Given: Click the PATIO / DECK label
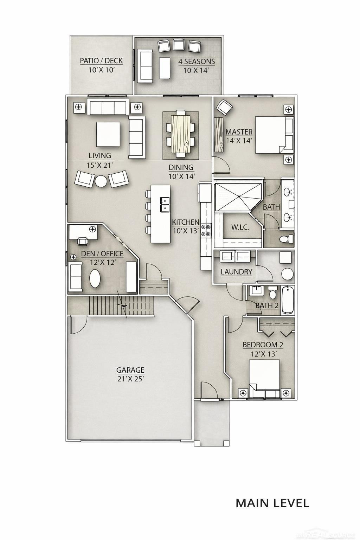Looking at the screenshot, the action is click(101, 61).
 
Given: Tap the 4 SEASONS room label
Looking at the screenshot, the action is click(197, 62).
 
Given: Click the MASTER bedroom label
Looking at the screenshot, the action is click(239, 132).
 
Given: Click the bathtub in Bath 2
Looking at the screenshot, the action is click(288, 300).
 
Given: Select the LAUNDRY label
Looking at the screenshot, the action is click(236, 272).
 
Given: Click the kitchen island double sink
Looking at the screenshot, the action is click(165, 204).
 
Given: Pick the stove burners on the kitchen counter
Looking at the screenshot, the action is click(206, 230).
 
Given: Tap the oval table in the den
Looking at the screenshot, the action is click(95, 278).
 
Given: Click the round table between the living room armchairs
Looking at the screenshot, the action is click(101, 181).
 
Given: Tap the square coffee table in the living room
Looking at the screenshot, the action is click(108, 134).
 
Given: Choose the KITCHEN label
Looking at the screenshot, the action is click(186, 222).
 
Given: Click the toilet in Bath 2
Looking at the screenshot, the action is click(273, 292).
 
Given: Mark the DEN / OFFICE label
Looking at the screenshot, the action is click(102, 253).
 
